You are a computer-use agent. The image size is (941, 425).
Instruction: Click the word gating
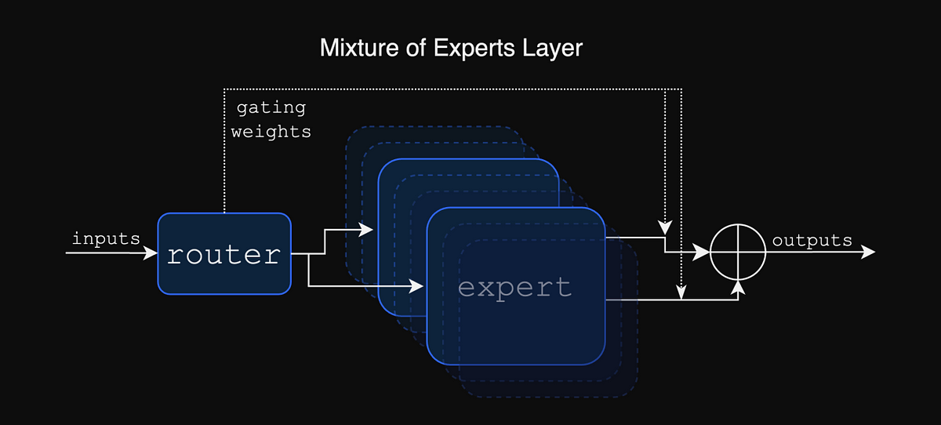[x=271, y=107]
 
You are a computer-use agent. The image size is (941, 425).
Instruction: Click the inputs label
[x=106, y=238]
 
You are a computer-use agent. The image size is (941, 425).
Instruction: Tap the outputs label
[x=812, y=241]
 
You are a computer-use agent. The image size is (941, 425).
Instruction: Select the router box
[x=224, y=253]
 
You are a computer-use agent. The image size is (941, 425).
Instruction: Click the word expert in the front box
[x=514, y=287]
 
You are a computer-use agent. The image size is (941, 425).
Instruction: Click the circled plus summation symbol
[x=738, y=252]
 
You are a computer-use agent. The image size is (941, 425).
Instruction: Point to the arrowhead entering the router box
[x=151, y=253]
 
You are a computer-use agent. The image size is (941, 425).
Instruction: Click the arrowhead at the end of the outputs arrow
[x=869, y=252]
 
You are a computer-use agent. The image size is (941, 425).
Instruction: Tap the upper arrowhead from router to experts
[x=367, y=230]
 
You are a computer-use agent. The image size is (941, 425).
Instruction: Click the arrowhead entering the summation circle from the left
[x=704, y=252]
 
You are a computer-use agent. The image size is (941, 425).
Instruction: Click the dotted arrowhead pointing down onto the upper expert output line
[x=666, y=228]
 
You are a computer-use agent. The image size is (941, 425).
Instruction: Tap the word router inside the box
[x=224, y=254]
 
